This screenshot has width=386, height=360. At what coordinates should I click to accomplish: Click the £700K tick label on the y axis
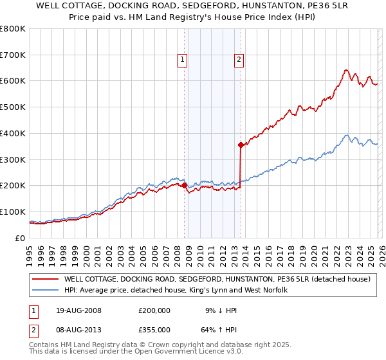point(12,55)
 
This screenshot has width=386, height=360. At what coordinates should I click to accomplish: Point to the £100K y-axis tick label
point(12,212)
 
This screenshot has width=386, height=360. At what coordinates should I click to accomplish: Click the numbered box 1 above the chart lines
point(183,60)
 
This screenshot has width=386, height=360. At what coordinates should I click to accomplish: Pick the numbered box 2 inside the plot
point(239,60)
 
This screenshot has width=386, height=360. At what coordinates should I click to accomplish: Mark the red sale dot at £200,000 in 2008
point(185,185)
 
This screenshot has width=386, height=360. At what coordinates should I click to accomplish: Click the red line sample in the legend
point(46,280)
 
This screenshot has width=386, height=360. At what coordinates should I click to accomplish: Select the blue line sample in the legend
point(46,291)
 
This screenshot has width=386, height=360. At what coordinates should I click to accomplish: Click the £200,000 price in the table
point(154,310)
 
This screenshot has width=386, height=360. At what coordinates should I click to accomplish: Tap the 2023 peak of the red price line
point(346,69)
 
